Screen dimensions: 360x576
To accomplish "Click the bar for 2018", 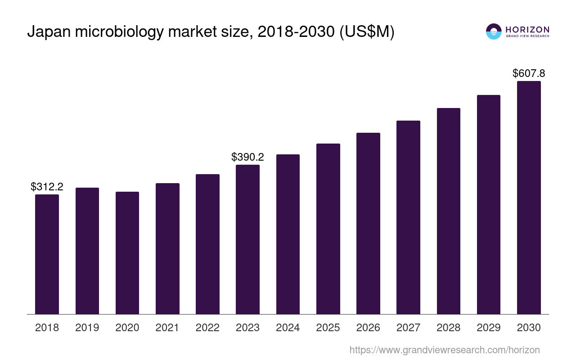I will pyautogui.click(x=47, y=254).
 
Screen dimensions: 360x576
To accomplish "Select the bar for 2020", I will pyautogui.click(x=127, y=253).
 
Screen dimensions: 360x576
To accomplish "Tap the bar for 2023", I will pyautogui.click(x=247, y=239).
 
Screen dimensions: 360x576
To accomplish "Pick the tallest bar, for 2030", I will pyautogui.click(x=529, y=198).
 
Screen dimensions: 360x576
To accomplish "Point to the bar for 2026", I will pyautogui.click(x=368, y=223).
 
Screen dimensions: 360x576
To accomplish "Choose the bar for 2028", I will pyautogui.click(x=448, y=211).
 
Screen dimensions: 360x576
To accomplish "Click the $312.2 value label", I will pyautogui.click(x=47, y=187).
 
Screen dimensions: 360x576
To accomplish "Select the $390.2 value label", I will pyautogui.click(x=247, y=157).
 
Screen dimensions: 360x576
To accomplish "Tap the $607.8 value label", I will pyautogui.click(x=529, y=73).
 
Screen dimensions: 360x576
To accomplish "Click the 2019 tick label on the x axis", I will pyautogui.click(x=87, y=328).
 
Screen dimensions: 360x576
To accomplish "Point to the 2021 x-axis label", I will pyautogui.click(x=167, y=328).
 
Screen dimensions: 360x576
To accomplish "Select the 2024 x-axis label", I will pyautogui.click(x=288, y=328).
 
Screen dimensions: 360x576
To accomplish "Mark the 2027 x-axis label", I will pyautogui.click(x=408, y=328).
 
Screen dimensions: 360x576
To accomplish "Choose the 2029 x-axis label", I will pyautogui.click(x=489, y=328).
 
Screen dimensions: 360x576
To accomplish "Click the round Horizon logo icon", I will pyautogui.click(x=494, y=31).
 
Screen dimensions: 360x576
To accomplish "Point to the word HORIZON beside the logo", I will pyautogui.click(x=527, y=29).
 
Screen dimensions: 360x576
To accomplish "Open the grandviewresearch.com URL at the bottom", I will pyautogui.click(x=445, y=350).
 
